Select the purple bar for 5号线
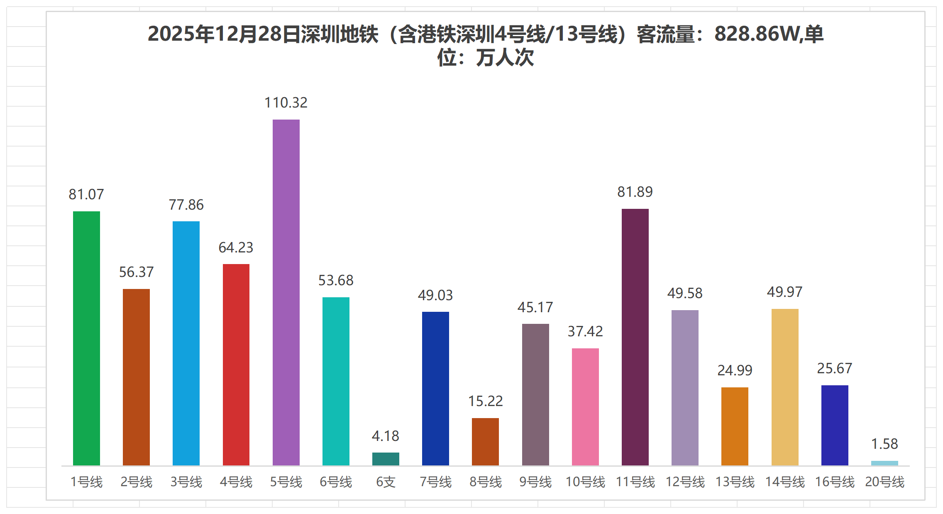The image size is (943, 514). point(286,292)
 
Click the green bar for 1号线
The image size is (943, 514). point(86,338)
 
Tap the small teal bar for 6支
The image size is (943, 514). point(386,459)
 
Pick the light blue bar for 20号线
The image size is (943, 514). point(884,463)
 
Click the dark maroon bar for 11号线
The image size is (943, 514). point(635,337)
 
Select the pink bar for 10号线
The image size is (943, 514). point(585,406)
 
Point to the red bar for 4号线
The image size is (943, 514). point(236,364)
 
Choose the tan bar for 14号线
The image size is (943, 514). point(785,387)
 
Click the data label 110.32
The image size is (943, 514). point(286,103)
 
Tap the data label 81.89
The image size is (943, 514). point(635,192)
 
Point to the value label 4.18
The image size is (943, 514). point(386,436)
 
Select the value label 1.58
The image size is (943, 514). point(884,444)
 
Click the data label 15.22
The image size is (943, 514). point(486,401)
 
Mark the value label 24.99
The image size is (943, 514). point(735,370)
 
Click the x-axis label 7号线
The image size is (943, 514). point(435,482)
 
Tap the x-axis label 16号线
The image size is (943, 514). point(835,482)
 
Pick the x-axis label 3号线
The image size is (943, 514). point(186,482)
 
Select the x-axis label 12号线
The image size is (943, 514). point(685,482)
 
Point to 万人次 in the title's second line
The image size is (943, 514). point(505,58)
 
